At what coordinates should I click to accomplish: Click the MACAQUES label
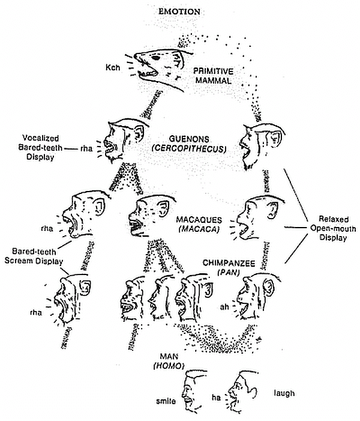point(198,219)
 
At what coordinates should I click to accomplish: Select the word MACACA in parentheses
point(198,229)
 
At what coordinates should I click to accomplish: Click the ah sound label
point(223,306)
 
